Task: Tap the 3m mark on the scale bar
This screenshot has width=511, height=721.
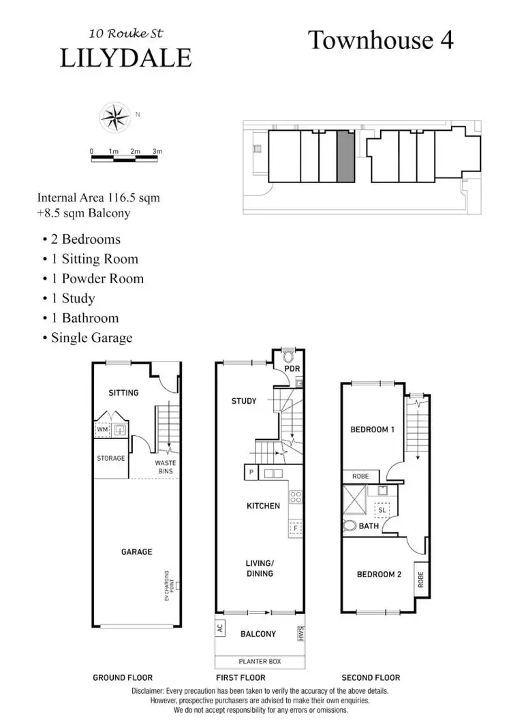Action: pos(157,151)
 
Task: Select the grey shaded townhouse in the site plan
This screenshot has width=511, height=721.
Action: pos(345,157)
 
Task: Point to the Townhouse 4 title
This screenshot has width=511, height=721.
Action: pos(381,40)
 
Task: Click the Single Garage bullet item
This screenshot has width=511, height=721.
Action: pos(91,338)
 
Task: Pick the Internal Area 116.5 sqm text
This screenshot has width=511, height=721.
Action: pos(99,198)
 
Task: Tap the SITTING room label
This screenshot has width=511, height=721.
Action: pos(123,393)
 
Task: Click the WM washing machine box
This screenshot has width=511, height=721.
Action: pos(103,430)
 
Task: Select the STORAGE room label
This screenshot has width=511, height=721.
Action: pos(111,458)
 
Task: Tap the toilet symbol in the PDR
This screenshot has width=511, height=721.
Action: pos(288,356)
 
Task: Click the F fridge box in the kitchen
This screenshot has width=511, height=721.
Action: pos(295,527)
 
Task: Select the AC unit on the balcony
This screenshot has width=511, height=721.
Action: pos(221,628)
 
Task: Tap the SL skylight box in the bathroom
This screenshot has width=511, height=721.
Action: pos(382,509)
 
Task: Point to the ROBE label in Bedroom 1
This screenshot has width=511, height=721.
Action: pos(360,477)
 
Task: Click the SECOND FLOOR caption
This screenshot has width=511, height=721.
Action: pos(371,677)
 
